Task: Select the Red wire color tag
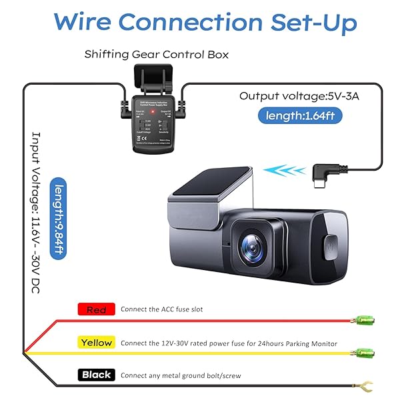(x=97, y=309)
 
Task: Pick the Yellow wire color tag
(x=96, y=343)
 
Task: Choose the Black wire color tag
(x=96, y=375)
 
